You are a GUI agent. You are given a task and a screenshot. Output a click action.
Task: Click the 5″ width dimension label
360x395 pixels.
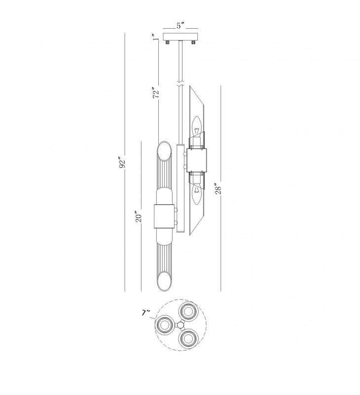tap(180, 26)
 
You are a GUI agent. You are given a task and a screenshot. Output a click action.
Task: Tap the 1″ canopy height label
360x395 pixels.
tap(156, 37)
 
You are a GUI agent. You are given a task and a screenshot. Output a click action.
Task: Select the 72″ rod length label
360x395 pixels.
tap(156, 92)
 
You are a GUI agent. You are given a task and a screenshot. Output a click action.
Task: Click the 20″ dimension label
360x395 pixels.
tap(139, 217)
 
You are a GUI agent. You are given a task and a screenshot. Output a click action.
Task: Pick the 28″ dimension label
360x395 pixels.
tap(218, 189)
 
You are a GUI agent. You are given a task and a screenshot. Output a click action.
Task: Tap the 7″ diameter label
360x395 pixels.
tap(145, 313)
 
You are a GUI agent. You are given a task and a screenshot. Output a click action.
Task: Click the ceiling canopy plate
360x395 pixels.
tap(180, 37)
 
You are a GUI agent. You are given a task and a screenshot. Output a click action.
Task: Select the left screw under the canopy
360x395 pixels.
tap(167, 42)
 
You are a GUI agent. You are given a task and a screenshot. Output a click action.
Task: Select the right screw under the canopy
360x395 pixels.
tap(193, 42)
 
